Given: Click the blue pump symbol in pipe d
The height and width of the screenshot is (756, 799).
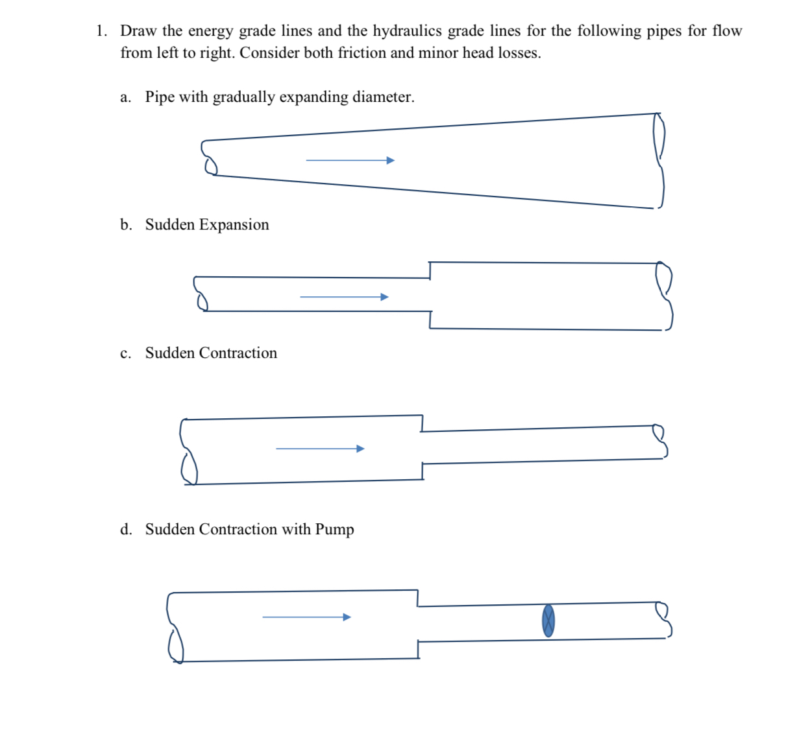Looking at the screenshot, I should pyautogui.click(x=548, y=621).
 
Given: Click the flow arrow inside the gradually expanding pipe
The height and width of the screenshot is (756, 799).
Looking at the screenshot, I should pyautogui.click(x=350, y=160).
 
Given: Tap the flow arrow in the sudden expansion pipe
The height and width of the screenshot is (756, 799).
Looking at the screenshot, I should pyautogui.click(x=344, y=297).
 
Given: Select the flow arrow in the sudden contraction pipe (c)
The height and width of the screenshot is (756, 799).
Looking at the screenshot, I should pyautogui.click(x=320, y=449).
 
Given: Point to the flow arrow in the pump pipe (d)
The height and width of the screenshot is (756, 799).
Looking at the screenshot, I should pyautogui.click(x=306, y=617).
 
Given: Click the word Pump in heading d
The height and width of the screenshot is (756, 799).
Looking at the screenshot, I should pyautogui.click(x=334, y=530).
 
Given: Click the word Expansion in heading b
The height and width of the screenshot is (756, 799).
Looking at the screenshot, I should pyautogui.click(x=234, y=225).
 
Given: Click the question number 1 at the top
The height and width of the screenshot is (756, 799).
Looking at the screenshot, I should pyautogui.click(x=100, y=31).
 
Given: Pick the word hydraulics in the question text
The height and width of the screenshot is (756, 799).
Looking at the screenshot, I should pyautogui.click(x=407, y=31).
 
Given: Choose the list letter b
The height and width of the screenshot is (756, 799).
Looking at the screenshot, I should pyautogui.click(x=125, y=225).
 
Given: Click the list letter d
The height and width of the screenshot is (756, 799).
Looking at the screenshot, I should pyautogui.click(x=125, y=530).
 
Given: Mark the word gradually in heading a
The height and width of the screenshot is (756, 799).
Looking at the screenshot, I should pyautogui.click(x=243, y=97).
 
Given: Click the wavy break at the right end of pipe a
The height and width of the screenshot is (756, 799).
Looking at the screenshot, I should pyautogui.click(x=659, y=161).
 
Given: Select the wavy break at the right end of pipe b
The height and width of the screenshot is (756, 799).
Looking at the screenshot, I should pyautogui.click(x=665, y=296).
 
